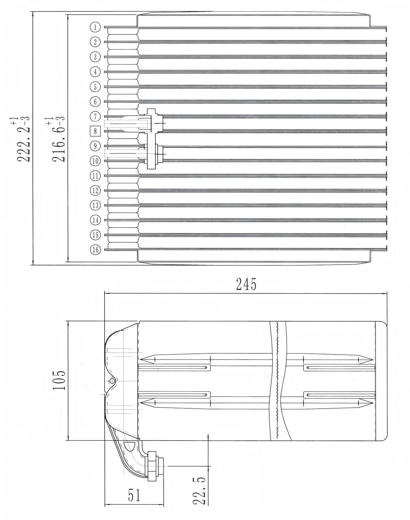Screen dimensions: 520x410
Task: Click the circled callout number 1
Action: (95, 27)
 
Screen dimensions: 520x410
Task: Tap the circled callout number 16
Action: (95, 250)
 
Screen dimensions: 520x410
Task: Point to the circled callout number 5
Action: (95, 86)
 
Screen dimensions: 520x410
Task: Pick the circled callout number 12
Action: (95, 191)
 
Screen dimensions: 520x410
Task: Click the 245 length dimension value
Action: (246, 284)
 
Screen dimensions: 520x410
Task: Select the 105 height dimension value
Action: (59, 381)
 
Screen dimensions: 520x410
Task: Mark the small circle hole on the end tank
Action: (112, 381)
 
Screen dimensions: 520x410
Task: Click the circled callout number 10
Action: (95, 161)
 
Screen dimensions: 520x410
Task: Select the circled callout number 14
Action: (95, 220)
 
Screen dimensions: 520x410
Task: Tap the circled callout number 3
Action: (95, 57)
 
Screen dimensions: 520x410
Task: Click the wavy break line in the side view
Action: (277, 381)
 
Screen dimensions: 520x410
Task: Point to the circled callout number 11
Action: (95, 176)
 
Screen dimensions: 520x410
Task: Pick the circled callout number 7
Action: (95, 116)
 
